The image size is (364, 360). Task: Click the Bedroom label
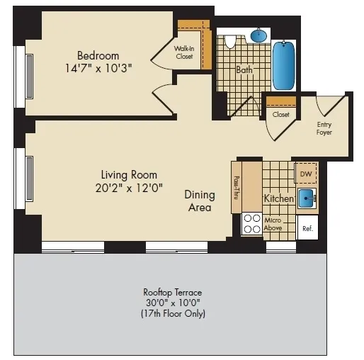pos(98,55)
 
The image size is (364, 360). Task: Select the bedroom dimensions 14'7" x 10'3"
pos(98,68)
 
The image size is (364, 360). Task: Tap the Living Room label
pos(128,174)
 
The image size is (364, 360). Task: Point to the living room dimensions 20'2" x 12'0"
pos(128,188)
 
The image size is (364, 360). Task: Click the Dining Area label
pos(200,201)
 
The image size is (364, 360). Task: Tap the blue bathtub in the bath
pos(285,64)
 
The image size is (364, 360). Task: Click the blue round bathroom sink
pos(259,35)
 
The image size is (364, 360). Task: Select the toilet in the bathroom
pos(229,43)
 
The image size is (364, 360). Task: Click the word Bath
pos(244,69)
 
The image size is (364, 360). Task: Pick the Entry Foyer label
pos(324,128)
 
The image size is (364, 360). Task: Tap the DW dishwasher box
pos(306,174)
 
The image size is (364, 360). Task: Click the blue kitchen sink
pos(307,198)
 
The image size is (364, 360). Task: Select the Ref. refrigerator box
pos(307,228)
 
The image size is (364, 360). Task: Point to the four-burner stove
pos(251,225)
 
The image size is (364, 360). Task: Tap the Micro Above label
pos(274,225)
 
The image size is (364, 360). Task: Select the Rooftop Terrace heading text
pos(173,292)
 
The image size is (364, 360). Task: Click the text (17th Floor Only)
pos(174,313)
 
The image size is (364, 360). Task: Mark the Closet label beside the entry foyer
pos(280,114)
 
